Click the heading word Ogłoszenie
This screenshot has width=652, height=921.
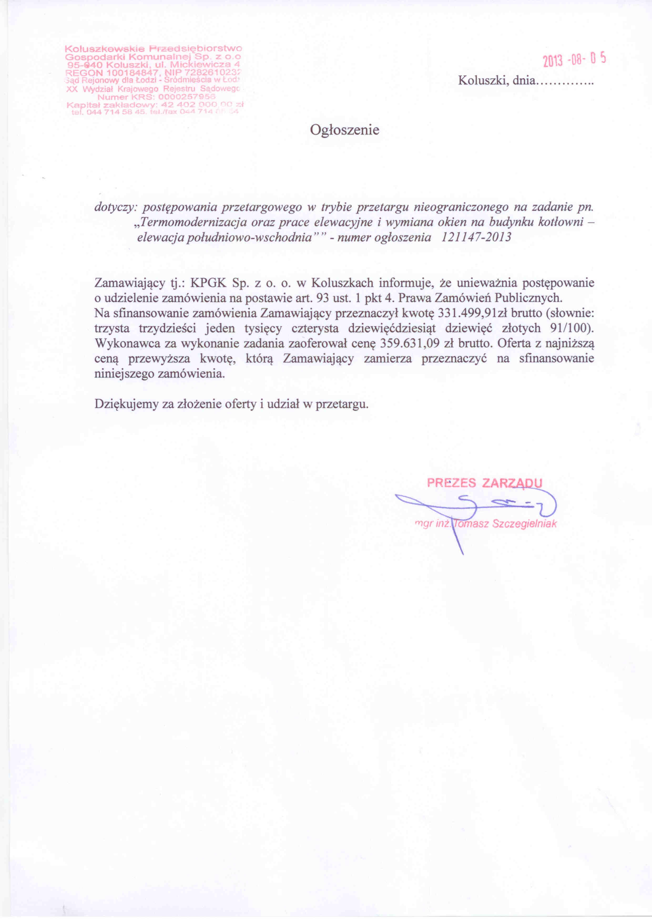pos(344,130)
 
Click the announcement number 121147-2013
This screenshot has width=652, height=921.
pos(476,237)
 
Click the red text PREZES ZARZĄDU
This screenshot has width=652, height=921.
pos(484,483)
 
